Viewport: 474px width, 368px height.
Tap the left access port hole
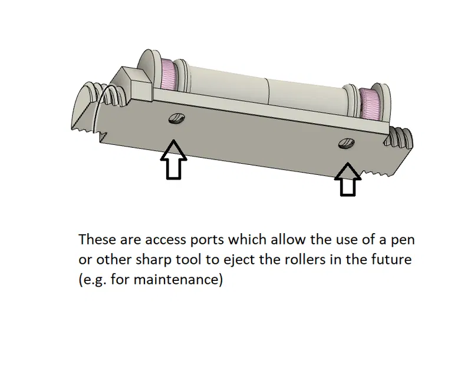tap(176, 119)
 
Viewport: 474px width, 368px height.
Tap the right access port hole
tap(345, 142)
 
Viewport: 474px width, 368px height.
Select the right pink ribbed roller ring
tap(370, 104)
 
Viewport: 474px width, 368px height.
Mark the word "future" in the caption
tap(389, 260)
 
